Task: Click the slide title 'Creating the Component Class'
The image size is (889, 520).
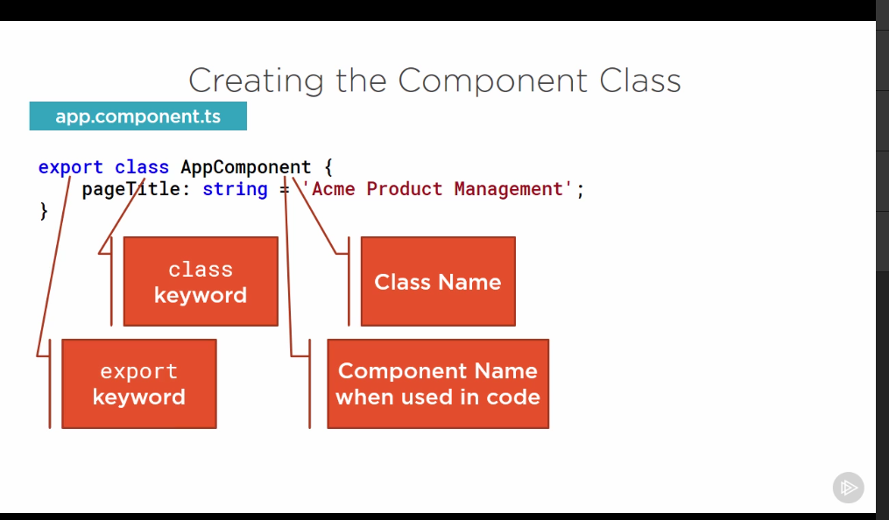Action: click(434, 81)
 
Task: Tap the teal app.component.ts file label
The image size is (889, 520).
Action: click(138, 116)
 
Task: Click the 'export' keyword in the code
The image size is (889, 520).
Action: click(70, 167)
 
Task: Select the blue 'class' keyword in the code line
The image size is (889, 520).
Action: click(142, 167)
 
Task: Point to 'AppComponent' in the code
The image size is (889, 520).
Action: click(245, 167)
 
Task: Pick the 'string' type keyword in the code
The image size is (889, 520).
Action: click(234, 189)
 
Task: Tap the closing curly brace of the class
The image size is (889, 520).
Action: click(44, 211)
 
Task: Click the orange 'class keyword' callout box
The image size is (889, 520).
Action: click(201, 282)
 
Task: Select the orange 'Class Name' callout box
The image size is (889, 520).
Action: click(438, 282)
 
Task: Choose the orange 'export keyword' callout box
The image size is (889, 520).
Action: click(138, 384)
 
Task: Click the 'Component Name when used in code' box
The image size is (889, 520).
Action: click(438, 384)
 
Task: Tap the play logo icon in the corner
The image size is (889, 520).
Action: click(848, 488)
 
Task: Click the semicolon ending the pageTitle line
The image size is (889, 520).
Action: click(580, 189)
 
